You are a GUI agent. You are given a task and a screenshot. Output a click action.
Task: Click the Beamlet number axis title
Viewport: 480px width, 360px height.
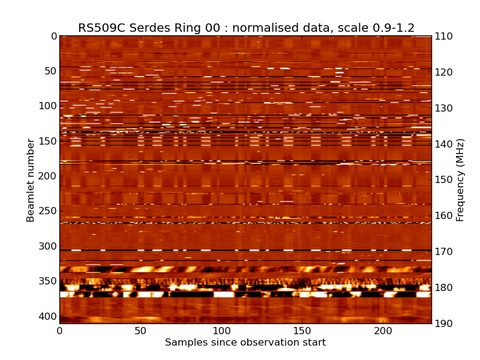(31, 180)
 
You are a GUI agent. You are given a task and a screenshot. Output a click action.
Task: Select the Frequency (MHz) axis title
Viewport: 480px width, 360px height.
(460, 180)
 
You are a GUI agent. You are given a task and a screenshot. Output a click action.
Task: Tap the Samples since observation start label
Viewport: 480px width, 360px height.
(245, 343)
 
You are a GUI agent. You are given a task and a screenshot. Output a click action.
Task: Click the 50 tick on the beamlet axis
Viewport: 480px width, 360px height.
(49, 71)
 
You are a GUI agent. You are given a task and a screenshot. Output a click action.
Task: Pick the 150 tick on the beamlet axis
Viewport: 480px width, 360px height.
(47, 141)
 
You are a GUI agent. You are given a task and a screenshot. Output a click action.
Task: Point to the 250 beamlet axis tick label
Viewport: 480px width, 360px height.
(47, 211)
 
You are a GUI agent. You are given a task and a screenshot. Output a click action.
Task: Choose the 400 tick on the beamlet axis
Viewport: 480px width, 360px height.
(47, 316)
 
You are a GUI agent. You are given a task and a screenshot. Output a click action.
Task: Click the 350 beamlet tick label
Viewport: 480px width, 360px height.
(47, 281)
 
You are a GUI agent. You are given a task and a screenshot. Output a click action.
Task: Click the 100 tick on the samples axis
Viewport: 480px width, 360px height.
(221, 331)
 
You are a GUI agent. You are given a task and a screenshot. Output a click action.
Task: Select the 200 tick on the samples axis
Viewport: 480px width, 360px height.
(383, 331)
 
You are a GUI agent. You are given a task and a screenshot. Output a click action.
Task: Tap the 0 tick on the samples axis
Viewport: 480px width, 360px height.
(59, 331)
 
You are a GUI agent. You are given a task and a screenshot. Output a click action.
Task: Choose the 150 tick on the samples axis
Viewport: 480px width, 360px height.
(302, 331)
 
